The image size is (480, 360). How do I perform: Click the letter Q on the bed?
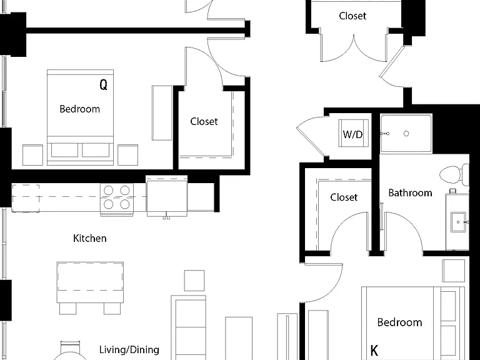104,84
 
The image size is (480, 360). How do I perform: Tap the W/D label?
352,134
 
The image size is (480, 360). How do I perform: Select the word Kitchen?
90,238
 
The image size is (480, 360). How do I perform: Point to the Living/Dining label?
129,349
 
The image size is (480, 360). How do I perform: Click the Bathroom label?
410,193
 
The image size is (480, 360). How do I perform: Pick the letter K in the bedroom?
374,350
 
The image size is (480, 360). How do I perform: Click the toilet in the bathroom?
454,175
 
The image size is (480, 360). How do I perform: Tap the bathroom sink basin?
459,222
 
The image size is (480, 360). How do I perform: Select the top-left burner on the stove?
109,191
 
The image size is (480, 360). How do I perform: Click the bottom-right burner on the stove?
124,204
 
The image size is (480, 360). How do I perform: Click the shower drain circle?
406,134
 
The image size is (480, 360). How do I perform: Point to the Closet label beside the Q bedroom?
204,121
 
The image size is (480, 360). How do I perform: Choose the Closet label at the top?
352,16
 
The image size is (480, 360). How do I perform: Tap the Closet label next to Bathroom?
344,197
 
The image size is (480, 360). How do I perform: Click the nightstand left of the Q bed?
32,155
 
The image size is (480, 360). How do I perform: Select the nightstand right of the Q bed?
127,155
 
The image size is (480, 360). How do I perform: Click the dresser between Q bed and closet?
162,113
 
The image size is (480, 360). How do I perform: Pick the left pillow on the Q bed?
64,150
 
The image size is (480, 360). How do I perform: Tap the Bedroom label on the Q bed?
79,109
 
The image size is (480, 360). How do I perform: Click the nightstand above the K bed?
454,271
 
